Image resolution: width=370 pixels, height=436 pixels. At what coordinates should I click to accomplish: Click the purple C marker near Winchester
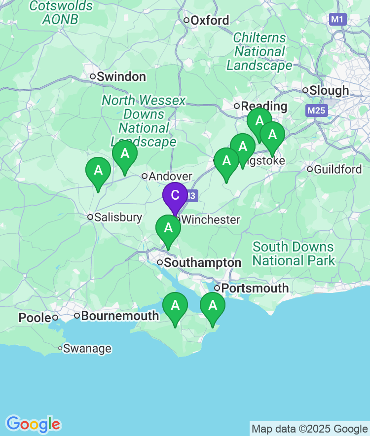pyautogui.click(x=175, y=196)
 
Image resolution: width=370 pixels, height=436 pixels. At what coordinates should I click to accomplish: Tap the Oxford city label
pyautogui.click(x=210, y=21)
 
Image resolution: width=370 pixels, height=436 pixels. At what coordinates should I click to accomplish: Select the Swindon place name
pyautogui.click(x=121, y=77)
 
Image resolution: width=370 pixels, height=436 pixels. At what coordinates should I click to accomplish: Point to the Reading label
pyautogui.click(x=264, y=106)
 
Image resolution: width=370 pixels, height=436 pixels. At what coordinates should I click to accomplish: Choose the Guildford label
pyautogui.click(x=337, y=170)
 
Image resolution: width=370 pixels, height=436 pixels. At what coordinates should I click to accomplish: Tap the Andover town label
pyautogui.click(x=170, y=177)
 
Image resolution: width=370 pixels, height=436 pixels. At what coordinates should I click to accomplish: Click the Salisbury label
pyautogui.click(x=118, y=218)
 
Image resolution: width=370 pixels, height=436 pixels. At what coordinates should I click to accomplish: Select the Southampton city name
pyautogui.click(x=202, y=263)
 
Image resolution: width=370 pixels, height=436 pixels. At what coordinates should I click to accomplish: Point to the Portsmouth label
pyautogui.click(x=255, y=288)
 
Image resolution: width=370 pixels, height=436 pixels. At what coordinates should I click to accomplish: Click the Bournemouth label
pyautogui.click(x=120, y=316)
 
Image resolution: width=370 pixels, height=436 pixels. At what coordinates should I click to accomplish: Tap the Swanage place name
pyautogui.click(x=87, y=349)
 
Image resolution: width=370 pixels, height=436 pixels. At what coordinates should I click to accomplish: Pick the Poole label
pyautogui.click(x=35, y=318)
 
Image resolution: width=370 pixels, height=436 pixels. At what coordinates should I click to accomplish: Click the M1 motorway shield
pyautogui.click(x=338, y=20)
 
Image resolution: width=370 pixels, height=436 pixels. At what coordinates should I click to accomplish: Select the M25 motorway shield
pyautogui.click(x=316, y=110)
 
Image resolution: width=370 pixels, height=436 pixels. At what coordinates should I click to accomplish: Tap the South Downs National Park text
pyautogui.click(x=294, y=254)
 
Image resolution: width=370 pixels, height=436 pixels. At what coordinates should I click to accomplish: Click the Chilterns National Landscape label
pyautogui.click(x=259, y=52)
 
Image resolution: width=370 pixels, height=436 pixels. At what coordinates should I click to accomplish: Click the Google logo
pyautogui.click(x=33, y=424)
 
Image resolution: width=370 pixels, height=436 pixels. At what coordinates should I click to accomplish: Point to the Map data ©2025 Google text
pyautogui.click(x=309, y=429)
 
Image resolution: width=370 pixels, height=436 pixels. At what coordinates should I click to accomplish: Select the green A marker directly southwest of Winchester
pyautogui.click(x=168, y=229)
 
